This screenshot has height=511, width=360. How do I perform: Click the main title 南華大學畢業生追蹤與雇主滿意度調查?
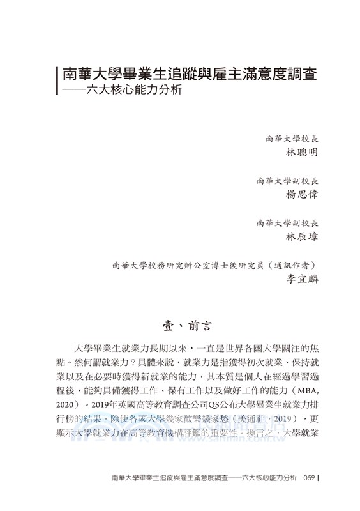pyautogui.click(x=189, y=72)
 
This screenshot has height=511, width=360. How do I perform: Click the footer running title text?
pyautogui.click(x=204, y=494)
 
